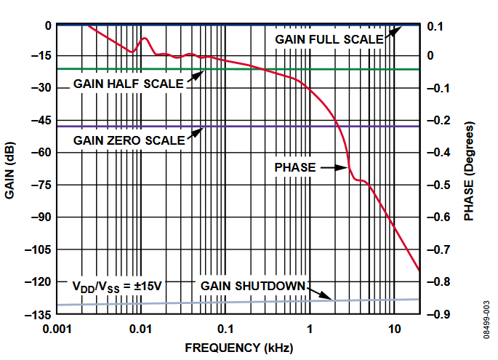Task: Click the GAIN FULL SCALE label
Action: (329, 39)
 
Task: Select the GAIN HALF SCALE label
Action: (128, 84)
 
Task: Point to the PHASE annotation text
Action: (295, 168)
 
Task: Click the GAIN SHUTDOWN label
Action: (253, 285)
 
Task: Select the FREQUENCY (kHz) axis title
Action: (238, 348)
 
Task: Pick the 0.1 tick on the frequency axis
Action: (225, 328)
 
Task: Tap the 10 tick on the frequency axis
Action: (394, 328)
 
